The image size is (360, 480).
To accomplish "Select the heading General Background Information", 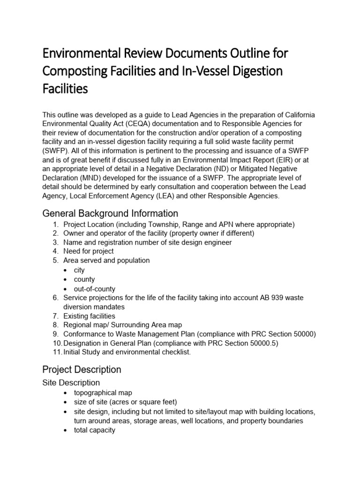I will [x=110, y=213].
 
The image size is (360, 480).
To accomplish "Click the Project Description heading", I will [x=82, y=369].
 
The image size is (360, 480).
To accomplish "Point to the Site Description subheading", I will [x=71, y=382].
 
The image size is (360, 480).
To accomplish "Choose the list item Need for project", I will [x=89, y=251].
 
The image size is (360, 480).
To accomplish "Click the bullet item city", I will [x=79, y=270].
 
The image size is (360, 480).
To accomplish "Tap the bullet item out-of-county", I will [x=94, y=289].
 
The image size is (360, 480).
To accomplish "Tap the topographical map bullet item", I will [x=102, y=392].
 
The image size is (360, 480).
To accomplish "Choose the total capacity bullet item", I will [x=94, y=430].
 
